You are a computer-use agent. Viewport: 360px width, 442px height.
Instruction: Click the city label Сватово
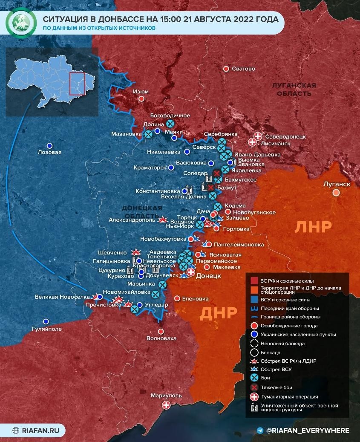pos(243,69)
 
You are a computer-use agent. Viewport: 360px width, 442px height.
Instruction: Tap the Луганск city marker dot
pos(336,193)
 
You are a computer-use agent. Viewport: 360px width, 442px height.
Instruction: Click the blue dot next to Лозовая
pos(49,145)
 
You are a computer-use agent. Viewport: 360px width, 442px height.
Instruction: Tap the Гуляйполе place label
pos(47,329)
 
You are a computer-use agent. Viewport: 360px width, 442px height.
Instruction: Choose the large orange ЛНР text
pos(313,227)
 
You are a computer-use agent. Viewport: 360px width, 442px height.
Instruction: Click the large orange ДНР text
pos(218,313)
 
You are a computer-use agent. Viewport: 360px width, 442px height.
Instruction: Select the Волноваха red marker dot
pos(161,331)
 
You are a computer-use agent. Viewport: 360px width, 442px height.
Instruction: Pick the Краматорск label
pos(150,168)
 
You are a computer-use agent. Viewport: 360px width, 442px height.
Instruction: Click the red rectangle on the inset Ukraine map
pos(78,84)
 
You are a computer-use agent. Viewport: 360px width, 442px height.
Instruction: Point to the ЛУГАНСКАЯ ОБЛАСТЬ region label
pos(294,89)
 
